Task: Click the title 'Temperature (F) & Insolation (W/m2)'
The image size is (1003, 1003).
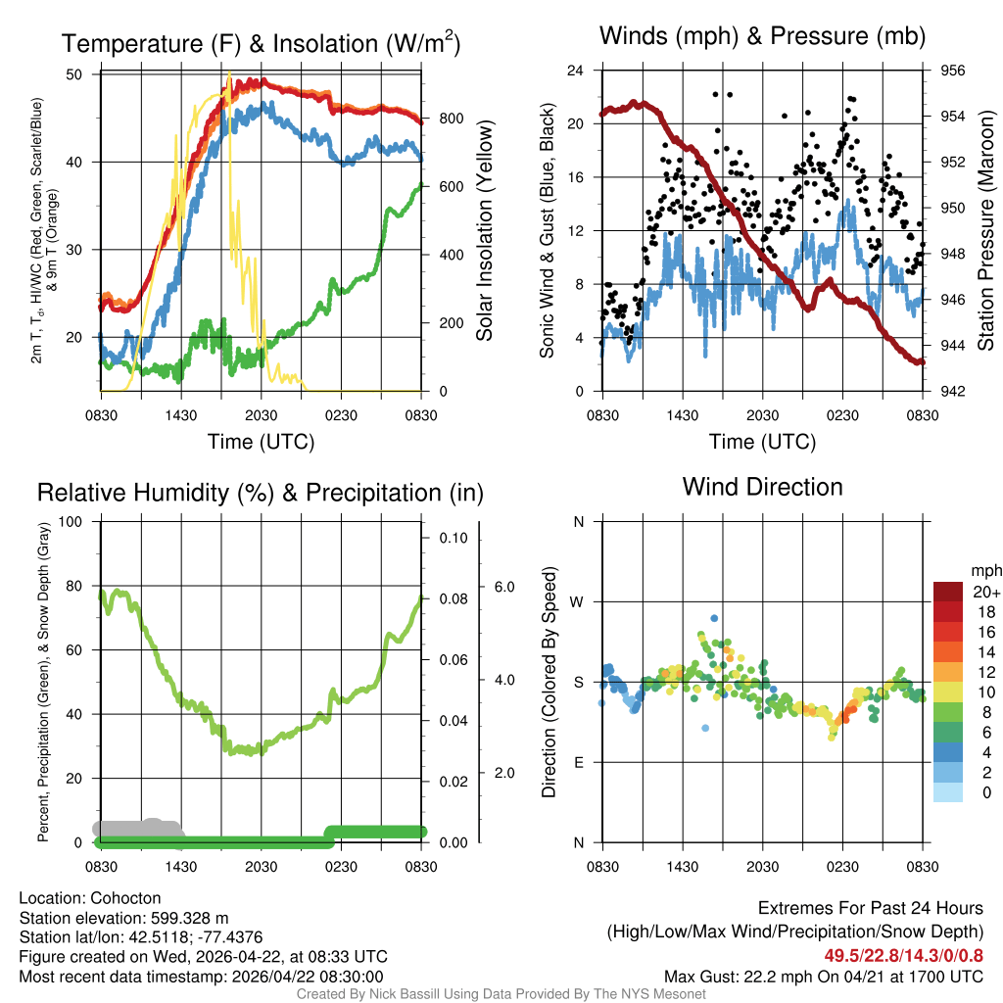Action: [x=261, y=43]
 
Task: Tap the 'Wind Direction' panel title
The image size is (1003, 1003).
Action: [x=762, y=487]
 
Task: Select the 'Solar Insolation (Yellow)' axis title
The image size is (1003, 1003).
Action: [x=485, y=231]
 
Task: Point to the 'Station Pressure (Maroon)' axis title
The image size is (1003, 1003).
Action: [x=986, y=231]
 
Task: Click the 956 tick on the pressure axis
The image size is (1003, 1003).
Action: [x=954, y=71]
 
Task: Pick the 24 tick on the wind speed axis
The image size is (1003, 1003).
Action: [x=576, y=71]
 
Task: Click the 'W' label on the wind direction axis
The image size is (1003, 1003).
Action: [x=578, y=601]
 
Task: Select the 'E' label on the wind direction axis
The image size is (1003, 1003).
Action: [x=578, y=762]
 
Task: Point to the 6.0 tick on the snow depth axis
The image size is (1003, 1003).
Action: [x=503, y=587]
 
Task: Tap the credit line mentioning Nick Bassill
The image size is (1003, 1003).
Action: [x=501, y=994]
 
